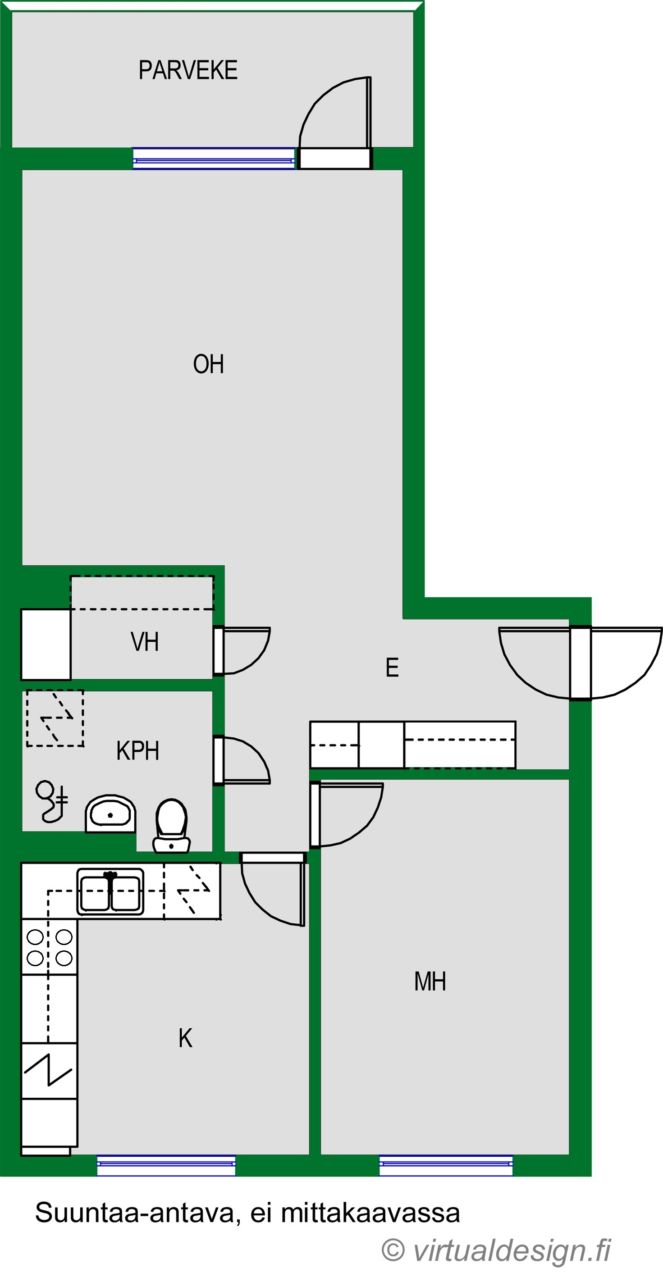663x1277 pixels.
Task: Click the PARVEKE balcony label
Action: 188,70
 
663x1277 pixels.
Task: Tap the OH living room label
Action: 208,364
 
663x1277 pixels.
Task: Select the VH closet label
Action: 145,641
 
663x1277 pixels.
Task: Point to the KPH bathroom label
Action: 138,750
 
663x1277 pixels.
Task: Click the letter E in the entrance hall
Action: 392,667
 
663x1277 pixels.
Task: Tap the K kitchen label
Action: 185,1038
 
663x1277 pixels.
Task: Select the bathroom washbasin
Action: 110,813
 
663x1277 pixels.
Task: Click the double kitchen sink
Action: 110,892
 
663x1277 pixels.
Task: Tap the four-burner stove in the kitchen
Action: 49,947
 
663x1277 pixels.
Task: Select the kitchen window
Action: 166,1165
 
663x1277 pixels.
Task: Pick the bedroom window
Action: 446,1165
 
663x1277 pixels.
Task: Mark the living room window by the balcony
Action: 214,159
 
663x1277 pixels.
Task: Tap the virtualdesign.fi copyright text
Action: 496,1250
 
